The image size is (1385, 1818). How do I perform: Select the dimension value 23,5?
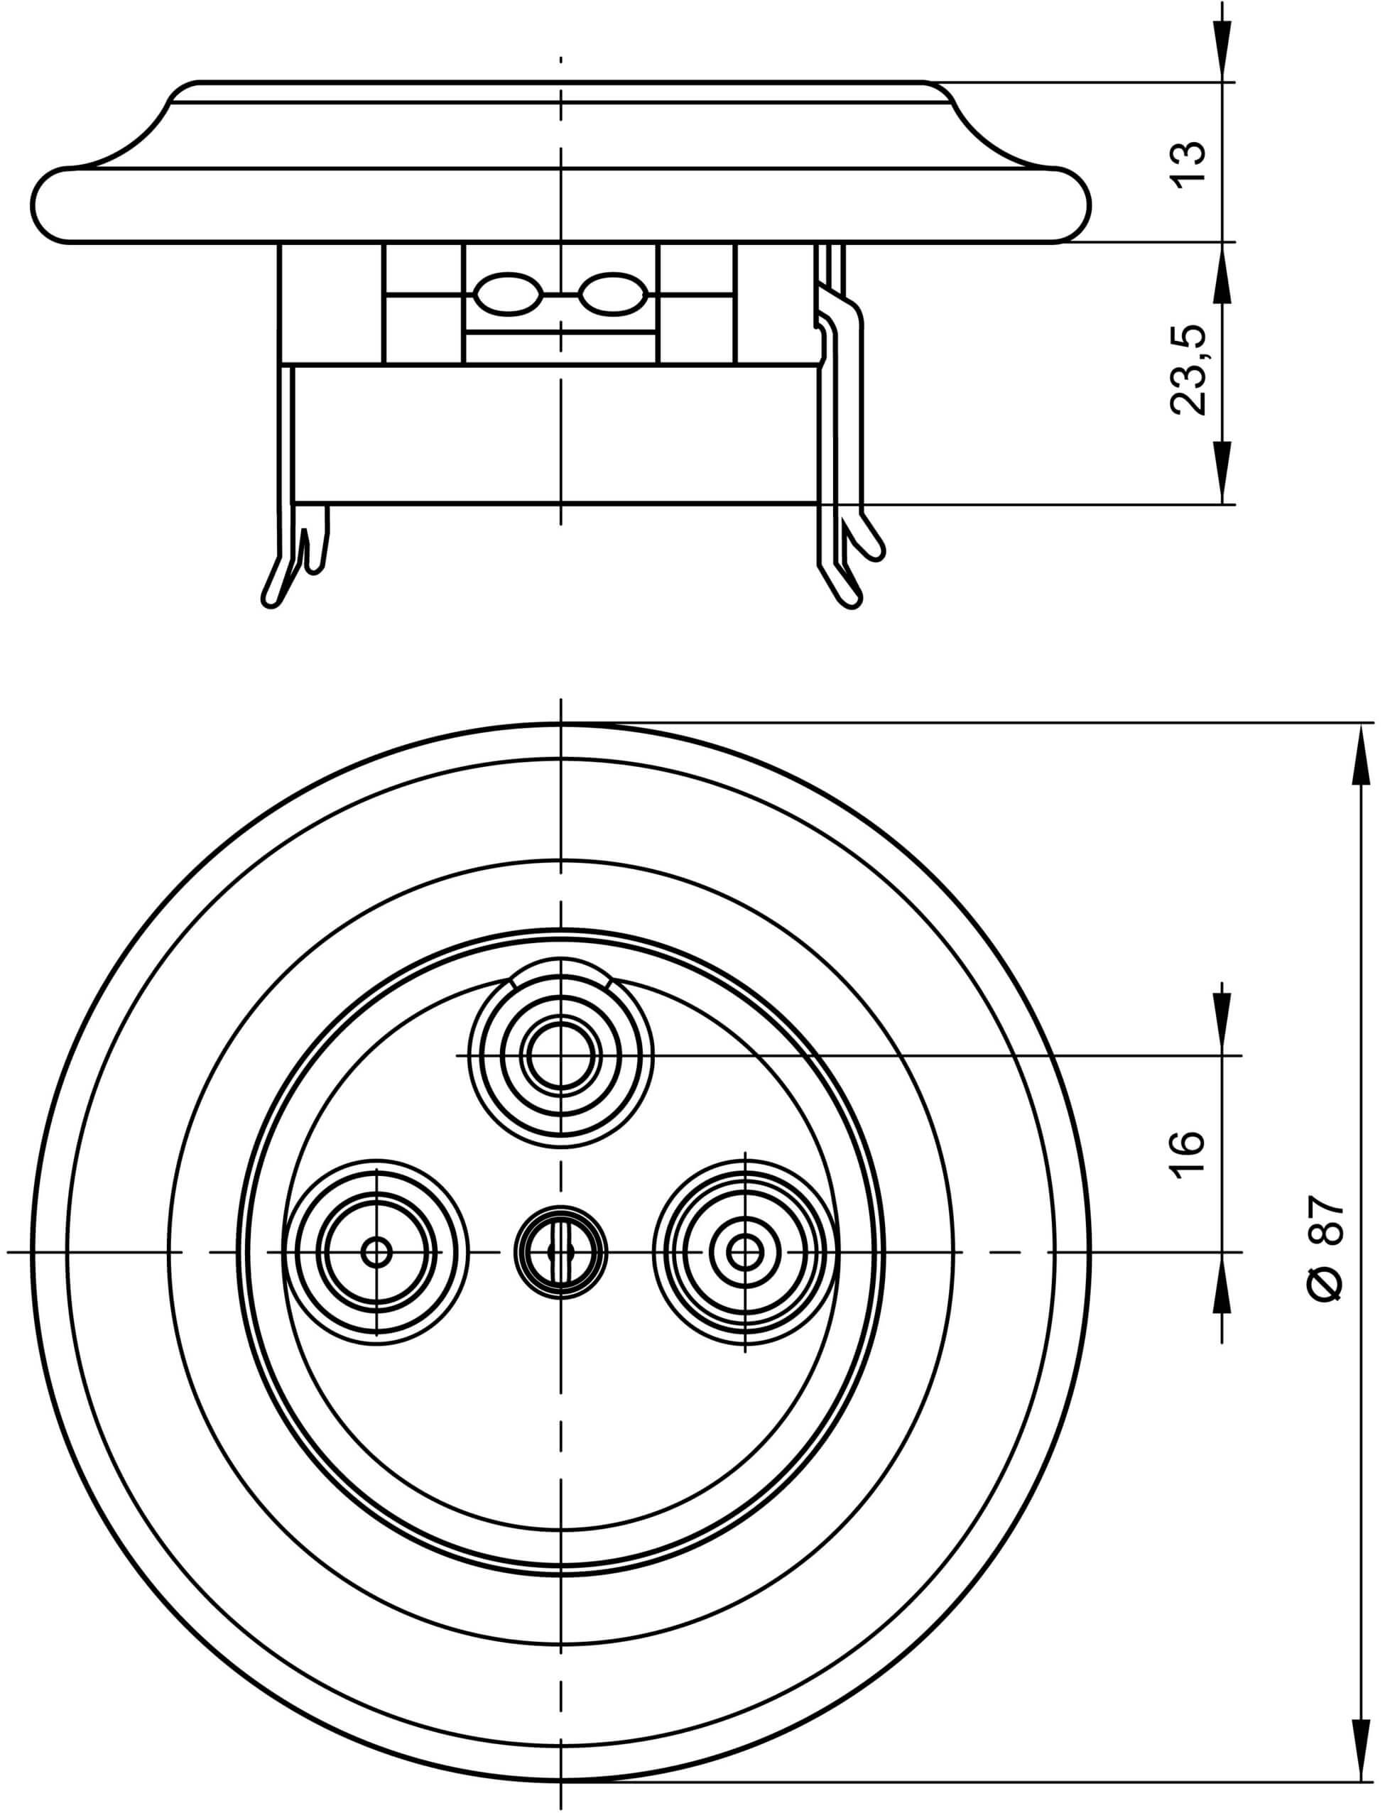tap(1189, 369)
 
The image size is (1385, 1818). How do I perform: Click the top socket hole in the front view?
tap(560, 1057)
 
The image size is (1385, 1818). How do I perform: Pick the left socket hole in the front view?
tap(376, 1253)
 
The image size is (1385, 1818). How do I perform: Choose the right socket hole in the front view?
tap(744, 1253)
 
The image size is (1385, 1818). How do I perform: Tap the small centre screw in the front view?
tap(560, 1253)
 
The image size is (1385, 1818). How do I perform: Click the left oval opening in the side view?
tap(509, 294)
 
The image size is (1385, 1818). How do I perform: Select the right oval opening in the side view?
tap(611, 294)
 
